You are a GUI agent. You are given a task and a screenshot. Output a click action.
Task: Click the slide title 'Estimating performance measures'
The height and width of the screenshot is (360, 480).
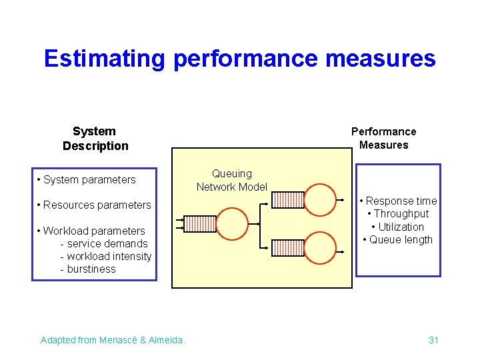(239, 59)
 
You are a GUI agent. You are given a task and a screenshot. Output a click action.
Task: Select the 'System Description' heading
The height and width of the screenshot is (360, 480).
(95, 139)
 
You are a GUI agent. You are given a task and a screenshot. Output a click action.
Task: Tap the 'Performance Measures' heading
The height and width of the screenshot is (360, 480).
(383, 138)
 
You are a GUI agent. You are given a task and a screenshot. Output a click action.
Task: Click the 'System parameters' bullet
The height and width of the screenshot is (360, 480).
(87, 179)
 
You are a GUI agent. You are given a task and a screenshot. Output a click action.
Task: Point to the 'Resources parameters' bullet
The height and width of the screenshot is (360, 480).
(94, 205)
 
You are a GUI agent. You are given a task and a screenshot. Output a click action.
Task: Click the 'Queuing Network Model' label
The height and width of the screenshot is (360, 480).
(231, 180)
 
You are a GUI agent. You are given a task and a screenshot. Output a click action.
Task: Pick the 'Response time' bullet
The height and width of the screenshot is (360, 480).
(398, 201)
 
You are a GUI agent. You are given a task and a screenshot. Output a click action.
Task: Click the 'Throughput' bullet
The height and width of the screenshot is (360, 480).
(398, 213)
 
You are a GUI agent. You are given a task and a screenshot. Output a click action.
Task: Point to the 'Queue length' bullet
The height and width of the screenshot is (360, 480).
(398, 239)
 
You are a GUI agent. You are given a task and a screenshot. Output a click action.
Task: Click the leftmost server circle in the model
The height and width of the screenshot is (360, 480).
(232, 223)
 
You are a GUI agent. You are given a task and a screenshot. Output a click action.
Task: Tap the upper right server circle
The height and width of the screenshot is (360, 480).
(321, 199)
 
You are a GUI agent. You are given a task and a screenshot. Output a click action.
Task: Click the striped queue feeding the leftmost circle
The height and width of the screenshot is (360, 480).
(199, 223)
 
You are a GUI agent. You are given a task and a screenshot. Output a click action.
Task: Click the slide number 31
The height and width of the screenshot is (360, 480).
(433, 340)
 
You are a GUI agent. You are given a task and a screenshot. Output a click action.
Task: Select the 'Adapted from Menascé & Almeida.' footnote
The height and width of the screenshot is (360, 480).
(113, 340)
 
